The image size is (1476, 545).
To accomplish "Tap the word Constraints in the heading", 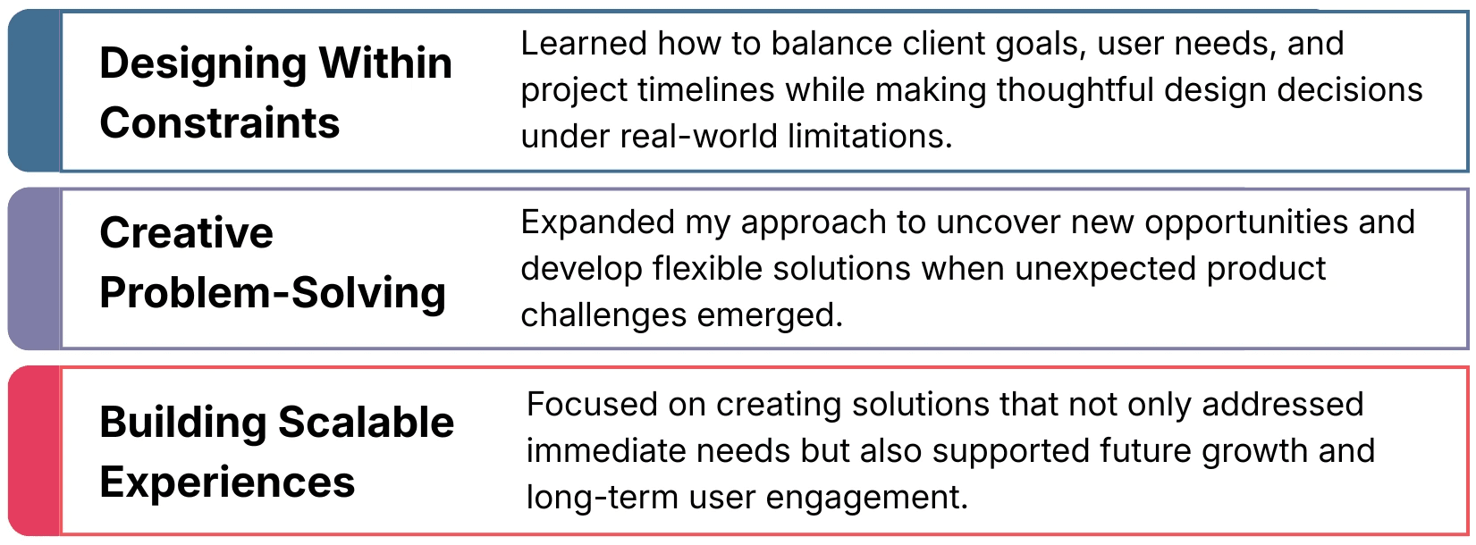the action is (219, 122).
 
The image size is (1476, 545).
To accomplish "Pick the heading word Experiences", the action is (227, 482).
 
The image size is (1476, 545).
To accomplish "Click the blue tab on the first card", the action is (34, 91).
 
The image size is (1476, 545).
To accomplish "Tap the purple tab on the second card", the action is (34, 269).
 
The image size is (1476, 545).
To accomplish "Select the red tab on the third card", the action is (34, 450).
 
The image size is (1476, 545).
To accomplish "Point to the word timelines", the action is (705, 89).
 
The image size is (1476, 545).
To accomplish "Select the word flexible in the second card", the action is (708, 268).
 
